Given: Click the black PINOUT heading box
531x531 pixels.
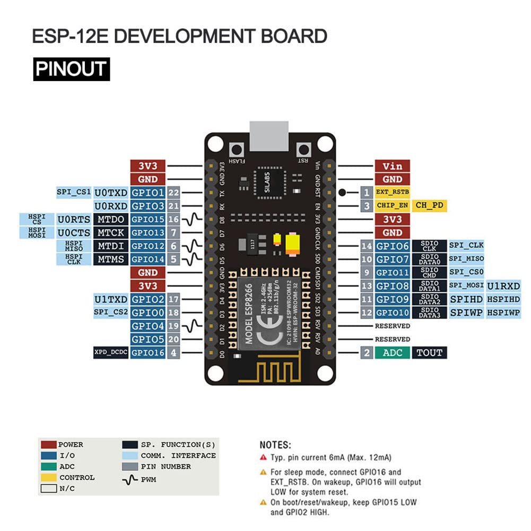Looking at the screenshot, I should tap(71, 69).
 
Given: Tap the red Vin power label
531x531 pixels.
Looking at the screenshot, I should tap(393, 166).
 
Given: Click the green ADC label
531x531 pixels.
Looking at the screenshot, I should tap(393, 352).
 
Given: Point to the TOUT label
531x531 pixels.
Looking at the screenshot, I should tap(429, 352).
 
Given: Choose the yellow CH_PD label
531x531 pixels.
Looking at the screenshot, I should tap(429, 205).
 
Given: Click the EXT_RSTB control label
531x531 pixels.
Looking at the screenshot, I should tap(393, 192).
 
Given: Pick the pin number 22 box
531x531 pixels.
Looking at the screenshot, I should tap(173, 193).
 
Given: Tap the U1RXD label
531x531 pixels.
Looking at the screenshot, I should tap(503, 286).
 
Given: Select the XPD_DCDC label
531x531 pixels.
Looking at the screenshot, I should tap(111, 352).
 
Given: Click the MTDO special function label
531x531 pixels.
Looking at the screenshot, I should tap(111, 219).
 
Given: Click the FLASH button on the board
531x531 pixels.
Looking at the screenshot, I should tap(236, 149).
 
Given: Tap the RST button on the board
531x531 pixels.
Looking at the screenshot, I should tap(304, 149).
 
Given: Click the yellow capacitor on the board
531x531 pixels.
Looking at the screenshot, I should tap(294, 245).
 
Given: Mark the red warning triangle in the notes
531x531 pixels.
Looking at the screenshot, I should tap(263, 457).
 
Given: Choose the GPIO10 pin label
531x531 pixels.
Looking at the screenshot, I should tap(393, 312).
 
